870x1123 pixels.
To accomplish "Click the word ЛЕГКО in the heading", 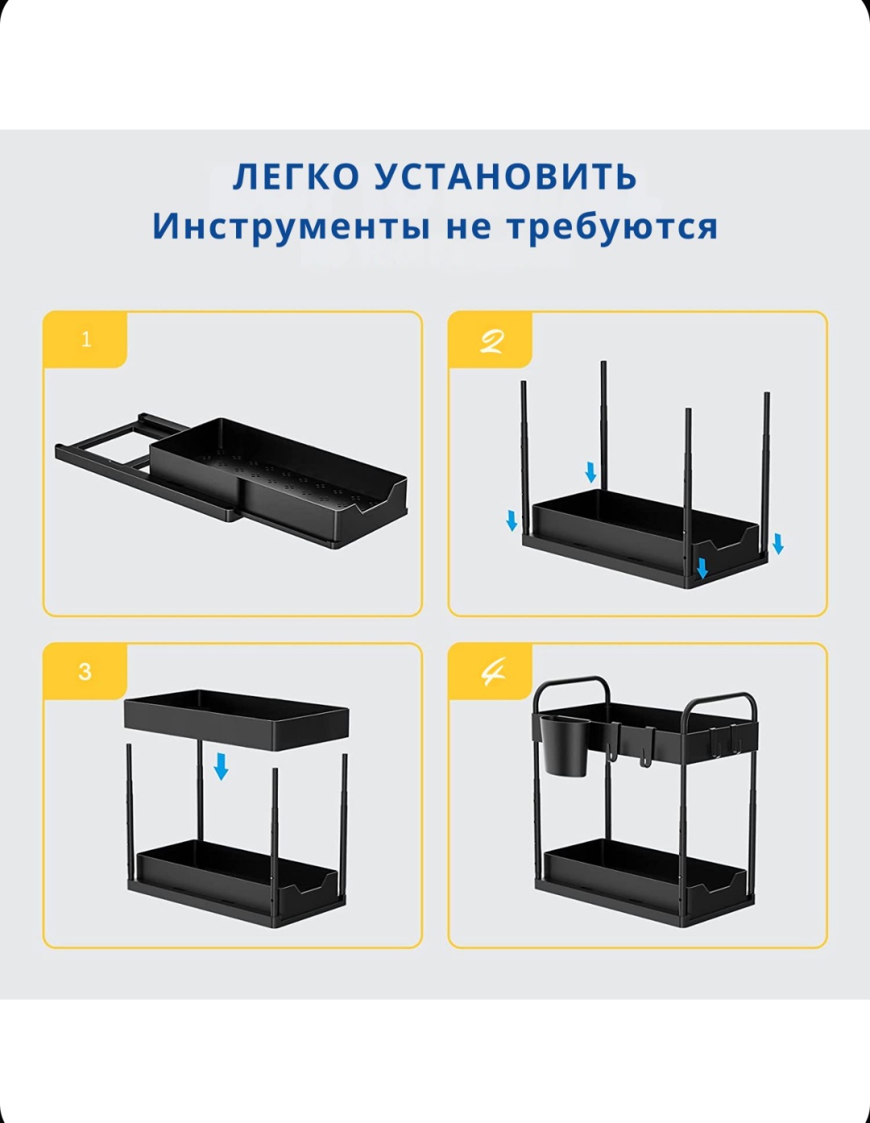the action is (296, 176).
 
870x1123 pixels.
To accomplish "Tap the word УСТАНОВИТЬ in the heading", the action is (505, 176).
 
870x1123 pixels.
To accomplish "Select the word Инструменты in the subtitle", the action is (291, 226).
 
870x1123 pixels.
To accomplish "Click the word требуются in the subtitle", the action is (611, 226).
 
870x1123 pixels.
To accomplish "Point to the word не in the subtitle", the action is (467, 227).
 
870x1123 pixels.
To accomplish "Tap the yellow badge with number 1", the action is (85, 339).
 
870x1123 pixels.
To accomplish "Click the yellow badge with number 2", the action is (491, 339).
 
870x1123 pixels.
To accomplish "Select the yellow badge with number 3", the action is (85, 671).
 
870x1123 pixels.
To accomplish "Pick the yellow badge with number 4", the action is (491, 671).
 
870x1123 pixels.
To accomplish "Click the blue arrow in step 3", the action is (221, 766).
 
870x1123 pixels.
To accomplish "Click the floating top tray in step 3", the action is (237, 719).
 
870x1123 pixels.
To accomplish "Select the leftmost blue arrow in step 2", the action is (512, 520).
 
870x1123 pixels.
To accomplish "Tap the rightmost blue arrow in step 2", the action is (778, 545).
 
